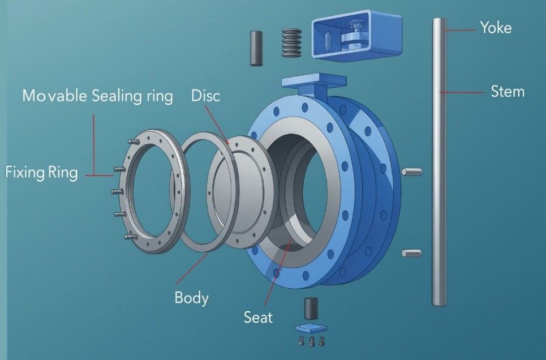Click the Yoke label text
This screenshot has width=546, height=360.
[495, 27]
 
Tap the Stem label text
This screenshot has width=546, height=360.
[507, 91]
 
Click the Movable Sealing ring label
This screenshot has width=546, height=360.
[97, 96]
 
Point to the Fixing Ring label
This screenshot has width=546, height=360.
[41, 172]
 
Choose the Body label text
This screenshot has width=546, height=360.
[191, 297]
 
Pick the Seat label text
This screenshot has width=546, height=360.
[258, 317]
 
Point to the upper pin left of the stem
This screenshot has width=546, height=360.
[410, 172]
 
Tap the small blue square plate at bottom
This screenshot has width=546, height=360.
[312, 328]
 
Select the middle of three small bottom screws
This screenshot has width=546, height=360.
[312, 341]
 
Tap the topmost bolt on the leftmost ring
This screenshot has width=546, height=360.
[131, 142]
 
